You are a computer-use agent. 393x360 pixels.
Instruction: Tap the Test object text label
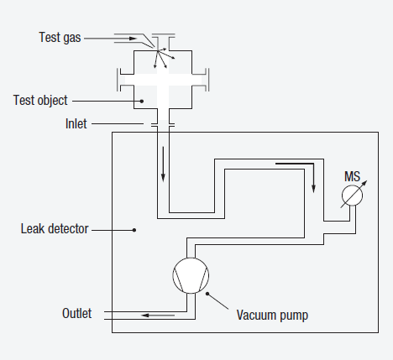tap(40, 101)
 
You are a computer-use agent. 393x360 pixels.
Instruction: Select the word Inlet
tap(78, 123)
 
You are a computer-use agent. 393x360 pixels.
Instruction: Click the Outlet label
tap(76, 314)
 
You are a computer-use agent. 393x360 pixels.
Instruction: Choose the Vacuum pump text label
tap(272, 316)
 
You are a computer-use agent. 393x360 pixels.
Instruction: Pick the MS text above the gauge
tap(352, 177)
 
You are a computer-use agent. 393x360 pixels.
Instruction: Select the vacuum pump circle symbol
tap(188, 275)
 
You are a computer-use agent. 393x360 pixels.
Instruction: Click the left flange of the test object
tap(118, 82)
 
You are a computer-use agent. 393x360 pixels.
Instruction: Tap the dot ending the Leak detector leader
tap(135, 228)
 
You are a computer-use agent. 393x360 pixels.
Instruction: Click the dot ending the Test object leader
tap(143, 101)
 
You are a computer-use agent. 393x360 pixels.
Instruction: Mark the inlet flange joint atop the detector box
tap(162, 126)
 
